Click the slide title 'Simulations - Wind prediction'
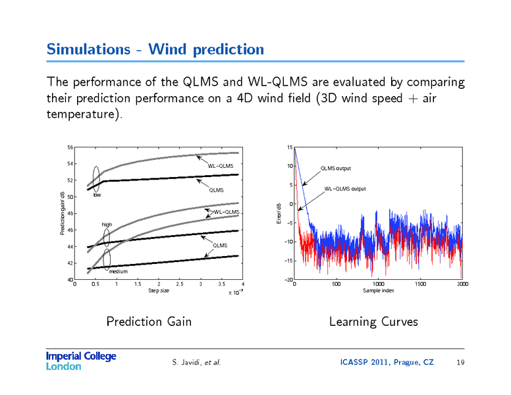[x=155, y=49]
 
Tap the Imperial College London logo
[x=81, y=361]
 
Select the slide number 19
[x=460, y=363]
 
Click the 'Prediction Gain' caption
[x=149, y=321]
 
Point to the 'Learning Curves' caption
[x=373, y=321]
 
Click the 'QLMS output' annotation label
[x=336, y=169]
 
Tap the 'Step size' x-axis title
[x=159, y=290]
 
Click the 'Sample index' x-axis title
[x=379, y=290]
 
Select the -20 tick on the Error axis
[x=288, y=280]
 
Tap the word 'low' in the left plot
[x=97, y=195]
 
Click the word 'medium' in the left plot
[x=119, y=271]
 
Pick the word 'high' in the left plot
[x=107, y=225]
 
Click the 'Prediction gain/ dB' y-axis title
[x=63, y=213]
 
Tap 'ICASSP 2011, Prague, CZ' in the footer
[x=387, y=363]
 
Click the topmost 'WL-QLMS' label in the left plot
[x=221, y=165]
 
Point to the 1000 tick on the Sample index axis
[x=379, y=284]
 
